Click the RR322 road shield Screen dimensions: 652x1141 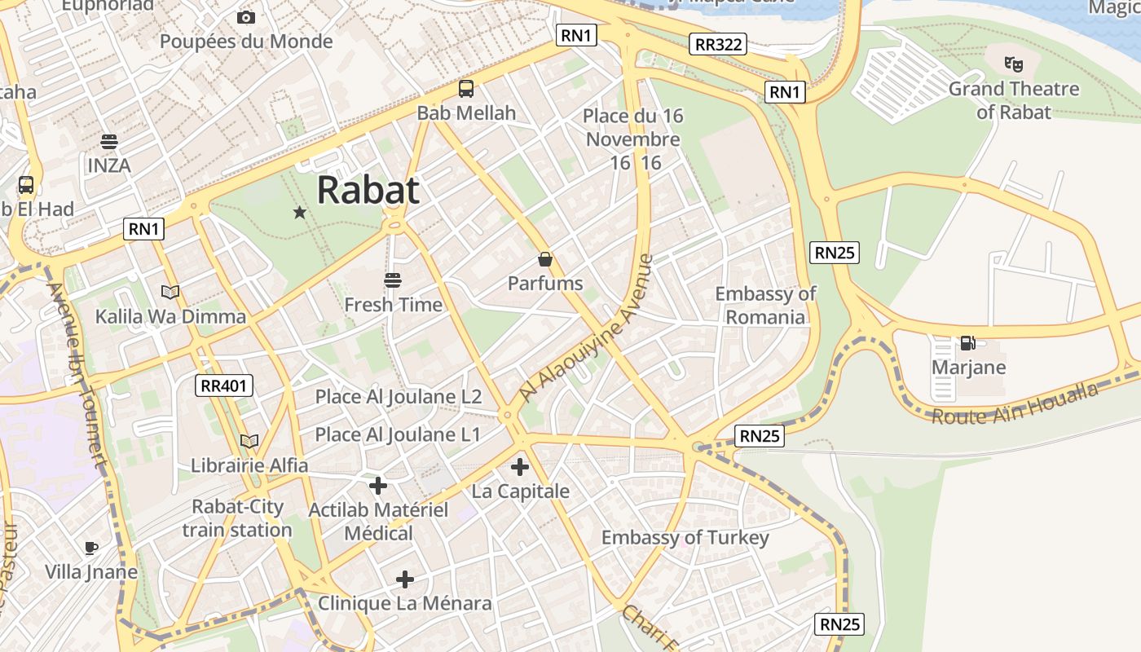pos(717,44)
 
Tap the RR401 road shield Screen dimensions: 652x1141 pos(224,385)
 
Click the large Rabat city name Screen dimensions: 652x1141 pos(368,190)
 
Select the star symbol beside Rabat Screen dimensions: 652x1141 pos(299,213)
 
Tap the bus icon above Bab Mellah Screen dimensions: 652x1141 pos(466,89)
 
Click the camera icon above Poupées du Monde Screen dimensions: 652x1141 pos(245,17)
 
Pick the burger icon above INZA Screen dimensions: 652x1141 pos(108,142)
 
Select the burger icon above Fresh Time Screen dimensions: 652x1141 pos(393,280)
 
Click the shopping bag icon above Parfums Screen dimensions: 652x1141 pos(545,260)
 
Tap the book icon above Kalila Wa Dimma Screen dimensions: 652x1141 pos(170,292)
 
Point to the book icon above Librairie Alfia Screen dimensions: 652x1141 pos(249,441)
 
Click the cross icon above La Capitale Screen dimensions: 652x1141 pos(520,467)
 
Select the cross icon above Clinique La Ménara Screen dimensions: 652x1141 pos(404,579)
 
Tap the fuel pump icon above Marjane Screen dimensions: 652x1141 pos(968,343)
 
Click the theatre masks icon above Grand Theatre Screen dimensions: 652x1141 pos(1013,64)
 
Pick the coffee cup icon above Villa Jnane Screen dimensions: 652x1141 pos(91,547)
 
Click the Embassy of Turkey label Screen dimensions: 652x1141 pos(685,538)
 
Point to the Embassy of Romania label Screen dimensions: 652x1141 pos(765,305)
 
